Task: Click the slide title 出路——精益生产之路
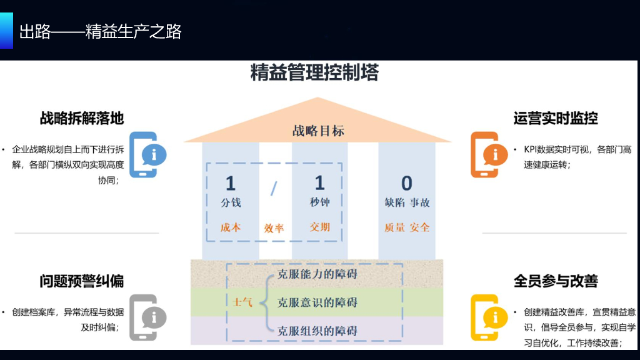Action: pos(100,31)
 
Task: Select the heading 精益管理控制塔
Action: pos(314,72)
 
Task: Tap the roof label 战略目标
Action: pos(318,131)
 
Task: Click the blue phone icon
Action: pos(143,154)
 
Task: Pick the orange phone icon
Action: pos(484,154)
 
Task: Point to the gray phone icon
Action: pos(143,317)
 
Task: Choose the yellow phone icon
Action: pos(484,317)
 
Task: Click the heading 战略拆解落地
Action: pos(82,118)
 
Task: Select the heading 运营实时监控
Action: pos(556,118)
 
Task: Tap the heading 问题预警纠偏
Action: pos(82,281)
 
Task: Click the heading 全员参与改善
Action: pos(556,281)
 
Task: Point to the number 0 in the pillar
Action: pos(407,183)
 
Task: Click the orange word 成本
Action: pos(230,227)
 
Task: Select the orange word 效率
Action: pos(274,228)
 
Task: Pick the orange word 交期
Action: pos(319,227)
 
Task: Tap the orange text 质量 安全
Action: pos(407,227)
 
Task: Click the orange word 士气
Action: pos(242,302)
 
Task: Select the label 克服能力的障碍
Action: pos(317,274)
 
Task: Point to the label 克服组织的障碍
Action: pos(317,331)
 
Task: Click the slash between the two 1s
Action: pos(273,188)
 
